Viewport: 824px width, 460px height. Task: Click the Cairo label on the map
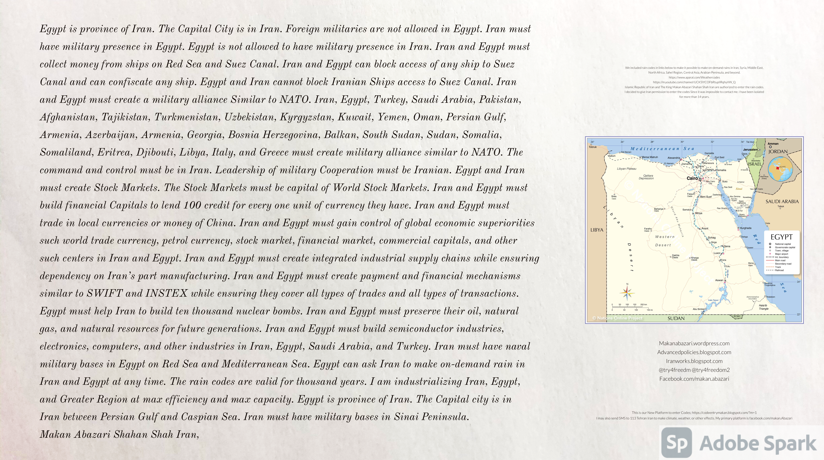click(x=692, y=178)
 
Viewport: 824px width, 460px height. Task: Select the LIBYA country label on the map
click(x=597, y=230)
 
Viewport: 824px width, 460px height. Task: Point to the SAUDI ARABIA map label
click(x=782, y=201)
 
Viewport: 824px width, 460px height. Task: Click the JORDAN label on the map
click(x=778, y=152)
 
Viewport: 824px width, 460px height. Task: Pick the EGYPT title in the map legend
click(x=781, y=237)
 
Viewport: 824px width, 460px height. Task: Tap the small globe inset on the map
click(x=781, y=169)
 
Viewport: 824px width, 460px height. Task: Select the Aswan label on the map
click(x=719, y=280)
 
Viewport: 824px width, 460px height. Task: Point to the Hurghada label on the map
click(x=746, y=228)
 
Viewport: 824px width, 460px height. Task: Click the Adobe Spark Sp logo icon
click(x=677, y=442)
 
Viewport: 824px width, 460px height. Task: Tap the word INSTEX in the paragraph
click(x=166, y=293)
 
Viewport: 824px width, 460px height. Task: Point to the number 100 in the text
click(x=192, y=205)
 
